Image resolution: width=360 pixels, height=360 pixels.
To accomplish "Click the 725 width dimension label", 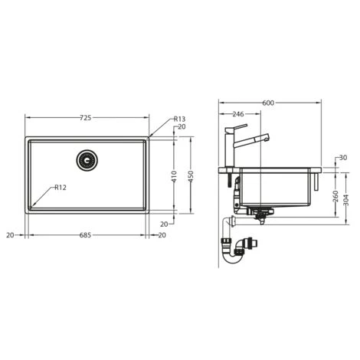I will click(x=86, y=117).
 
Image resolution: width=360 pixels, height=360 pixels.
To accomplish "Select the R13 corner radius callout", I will click(x=179, y=119).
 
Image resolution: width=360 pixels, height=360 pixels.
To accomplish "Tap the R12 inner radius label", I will click(x=59, y=188).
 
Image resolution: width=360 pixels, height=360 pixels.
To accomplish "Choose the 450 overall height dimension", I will click(x=192, y=175).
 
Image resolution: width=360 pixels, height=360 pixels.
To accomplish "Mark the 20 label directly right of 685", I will click(x=162, y=236).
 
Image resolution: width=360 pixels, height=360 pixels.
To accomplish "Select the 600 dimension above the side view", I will click(x=267, y=103).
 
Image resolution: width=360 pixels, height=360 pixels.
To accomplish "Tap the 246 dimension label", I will click(x=237, y=114).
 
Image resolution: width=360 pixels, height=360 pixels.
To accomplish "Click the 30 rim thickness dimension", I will click(x=341, y=158).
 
